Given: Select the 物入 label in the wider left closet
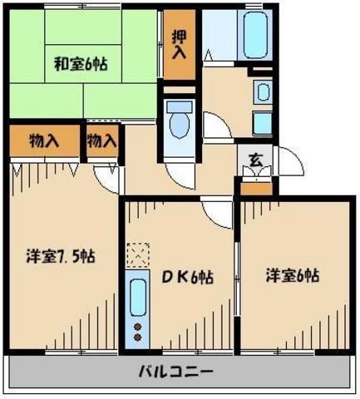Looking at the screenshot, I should pyautogui.click(x=43, y=141).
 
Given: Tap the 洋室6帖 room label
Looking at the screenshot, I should pyautogui.click(x=293, y=276).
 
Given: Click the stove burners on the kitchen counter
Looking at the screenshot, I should pyautogui.click(x=137, y=332).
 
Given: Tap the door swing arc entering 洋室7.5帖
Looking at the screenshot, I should pyautogui.click(x=106, y=175).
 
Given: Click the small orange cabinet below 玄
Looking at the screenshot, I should pyautogui.click(x=256, y=186).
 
